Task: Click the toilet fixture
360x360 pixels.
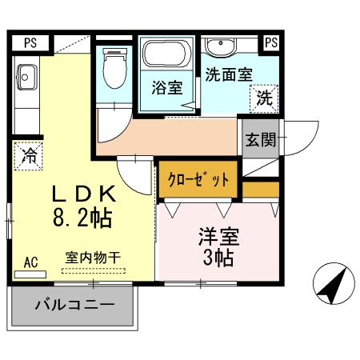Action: tap(114, 68)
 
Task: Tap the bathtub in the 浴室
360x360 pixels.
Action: tap(167, 54)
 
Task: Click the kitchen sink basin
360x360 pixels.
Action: tap(26, 78)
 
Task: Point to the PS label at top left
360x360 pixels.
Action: tap(30, 43)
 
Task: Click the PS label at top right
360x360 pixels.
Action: tap(271, 42)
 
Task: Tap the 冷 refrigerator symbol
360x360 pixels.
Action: tap(29, 156)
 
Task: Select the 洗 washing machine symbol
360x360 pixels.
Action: tap(264, 98)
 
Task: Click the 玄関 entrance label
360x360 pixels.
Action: tap(261, 140)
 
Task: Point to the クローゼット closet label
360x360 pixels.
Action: tap(198, 179)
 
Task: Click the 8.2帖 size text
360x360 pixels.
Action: tap(82, 218)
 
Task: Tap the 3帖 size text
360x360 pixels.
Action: tap(218, 258)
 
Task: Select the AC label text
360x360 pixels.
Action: tap(31, 262)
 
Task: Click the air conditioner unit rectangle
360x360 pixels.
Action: tap(30, 274)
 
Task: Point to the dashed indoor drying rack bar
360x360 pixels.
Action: tap(94, 271)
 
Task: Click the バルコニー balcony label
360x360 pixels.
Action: tap(75, 305)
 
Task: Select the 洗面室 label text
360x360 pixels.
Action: tap(229, 74)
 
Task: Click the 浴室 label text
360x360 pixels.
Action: tap(167, 88)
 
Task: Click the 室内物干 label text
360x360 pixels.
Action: tap(93, 258)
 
